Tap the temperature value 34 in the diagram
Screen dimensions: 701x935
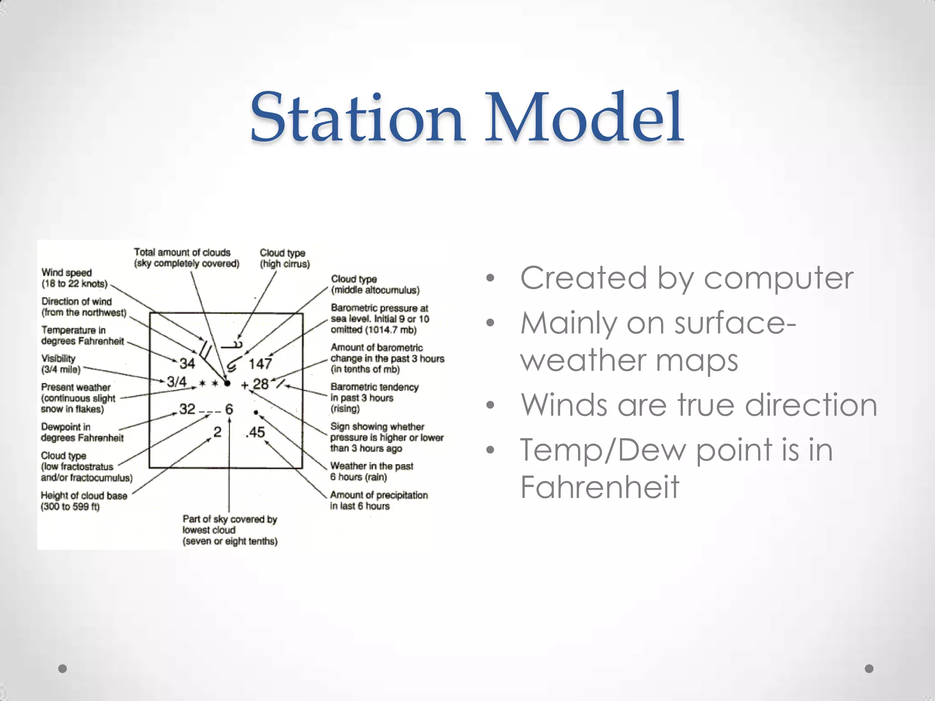tap(187, 363)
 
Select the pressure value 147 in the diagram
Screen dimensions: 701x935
tap(260, 364)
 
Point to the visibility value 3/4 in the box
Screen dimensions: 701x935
tap(177, 382)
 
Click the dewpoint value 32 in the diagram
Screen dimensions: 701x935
tap(187, 409)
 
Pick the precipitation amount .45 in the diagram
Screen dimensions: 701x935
tap(255, 432)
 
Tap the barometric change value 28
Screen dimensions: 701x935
tap(261, 384)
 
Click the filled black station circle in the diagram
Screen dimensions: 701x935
tap(227, 383)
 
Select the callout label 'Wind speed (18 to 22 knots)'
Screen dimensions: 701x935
tap(74, 278)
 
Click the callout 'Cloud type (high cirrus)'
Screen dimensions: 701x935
tap(284, 258)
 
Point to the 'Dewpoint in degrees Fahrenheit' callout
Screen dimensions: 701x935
tap(82, 432)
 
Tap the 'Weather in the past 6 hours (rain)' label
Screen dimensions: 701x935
tap(372, 471)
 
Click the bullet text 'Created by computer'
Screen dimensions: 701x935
tap(687, 278)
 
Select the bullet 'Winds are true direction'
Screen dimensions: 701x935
tap(699, 405)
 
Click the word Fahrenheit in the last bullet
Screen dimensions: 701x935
tap(599, 487)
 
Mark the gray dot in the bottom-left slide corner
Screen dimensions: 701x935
tap(63, 669)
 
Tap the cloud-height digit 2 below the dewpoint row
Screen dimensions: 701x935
tap(217, 432)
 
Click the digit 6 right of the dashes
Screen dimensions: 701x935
tap(229, 409)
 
